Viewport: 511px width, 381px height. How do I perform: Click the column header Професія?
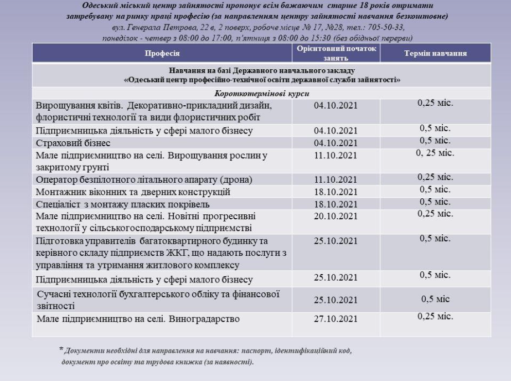162,54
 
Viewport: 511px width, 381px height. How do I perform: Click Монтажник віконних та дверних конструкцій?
141,192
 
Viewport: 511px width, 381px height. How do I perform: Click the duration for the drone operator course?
436,177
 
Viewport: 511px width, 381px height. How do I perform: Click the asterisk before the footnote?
61,349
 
